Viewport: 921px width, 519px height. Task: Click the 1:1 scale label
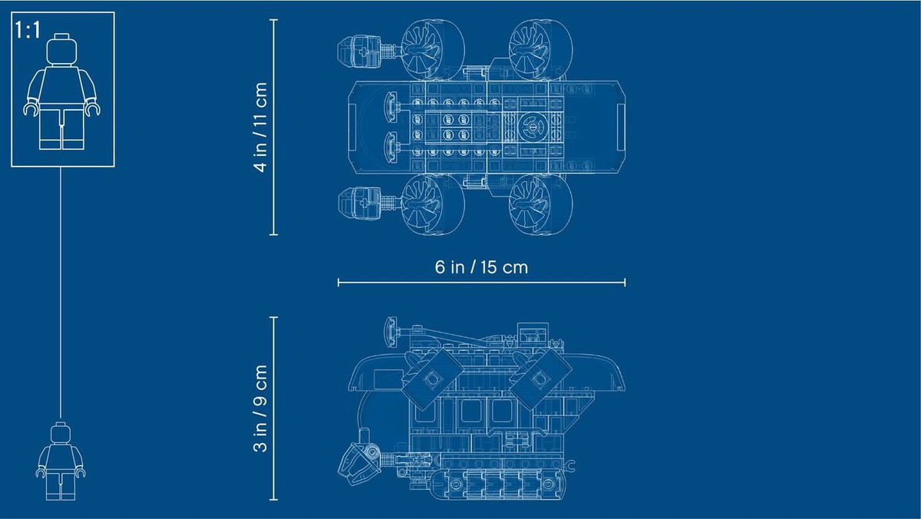(28, 30)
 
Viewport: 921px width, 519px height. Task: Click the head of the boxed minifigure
(61, 49)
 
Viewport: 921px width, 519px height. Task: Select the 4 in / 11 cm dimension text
(261, 127)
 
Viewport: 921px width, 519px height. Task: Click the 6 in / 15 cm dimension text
(481, 267)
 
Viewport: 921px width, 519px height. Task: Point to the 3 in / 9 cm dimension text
(261, 408)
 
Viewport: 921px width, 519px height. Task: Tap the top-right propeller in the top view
(541, 49)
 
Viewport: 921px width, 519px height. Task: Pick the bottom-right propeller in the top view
(541, 205)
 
